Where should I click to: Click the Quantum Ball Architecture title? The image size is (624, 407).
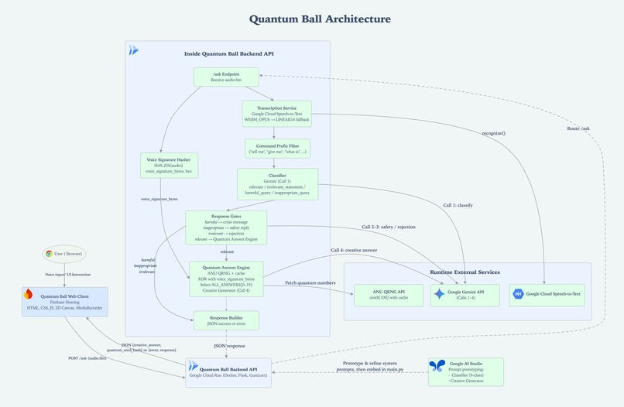coord(320,19)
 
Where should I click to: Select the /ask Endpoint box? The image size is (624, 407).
coord(225,77)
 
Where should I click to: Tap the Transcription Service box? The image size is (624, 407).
coord(276,113)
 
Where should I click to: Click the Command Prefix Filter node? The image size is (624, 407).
coord(277,149)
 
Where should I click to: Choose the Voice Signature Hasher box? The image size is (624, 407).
coord(167,165)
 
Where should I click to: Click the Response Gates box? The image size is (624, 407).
coord(226,227)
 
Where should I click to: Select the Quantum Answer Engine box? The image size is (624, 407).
coord(226,279)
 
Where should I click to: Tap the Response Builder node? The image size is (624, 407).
coord(226,320)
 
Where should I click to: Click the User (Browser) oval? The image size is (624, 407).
coord(64,254)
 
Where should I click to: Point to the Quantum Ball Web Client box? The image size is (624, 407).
coord(65,302)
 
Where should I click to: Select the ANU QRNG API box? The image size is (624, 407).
coord(389,295)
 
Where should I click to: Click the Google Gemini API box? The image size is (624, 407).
coord(465,295)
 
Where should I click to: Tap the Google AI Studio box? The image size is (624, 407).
coord(465,371)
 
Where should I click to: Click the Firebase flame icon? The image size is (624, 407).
coord(29,294)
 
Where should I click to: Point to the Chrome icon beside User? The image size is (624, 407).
coord(49,254)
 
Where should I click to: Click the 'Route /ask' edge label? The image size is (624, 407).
coord(578,128)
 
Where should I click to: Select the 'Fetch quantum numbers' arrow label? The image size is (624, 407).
coord(310,283)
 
